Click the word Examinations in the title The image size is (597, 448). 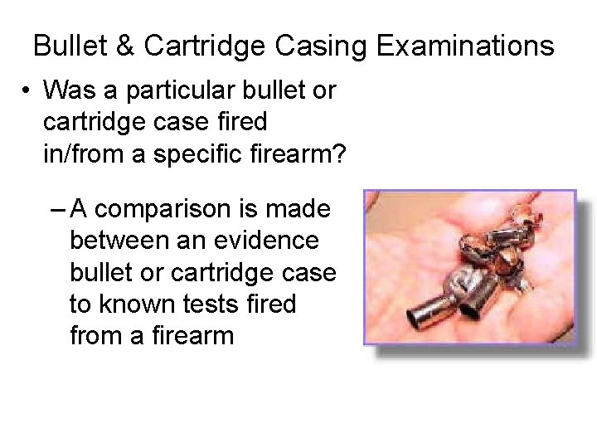pos(465,46)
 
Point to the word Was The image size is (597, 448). pos(68,90)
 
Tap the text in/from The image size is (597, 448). pos(83,153)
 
